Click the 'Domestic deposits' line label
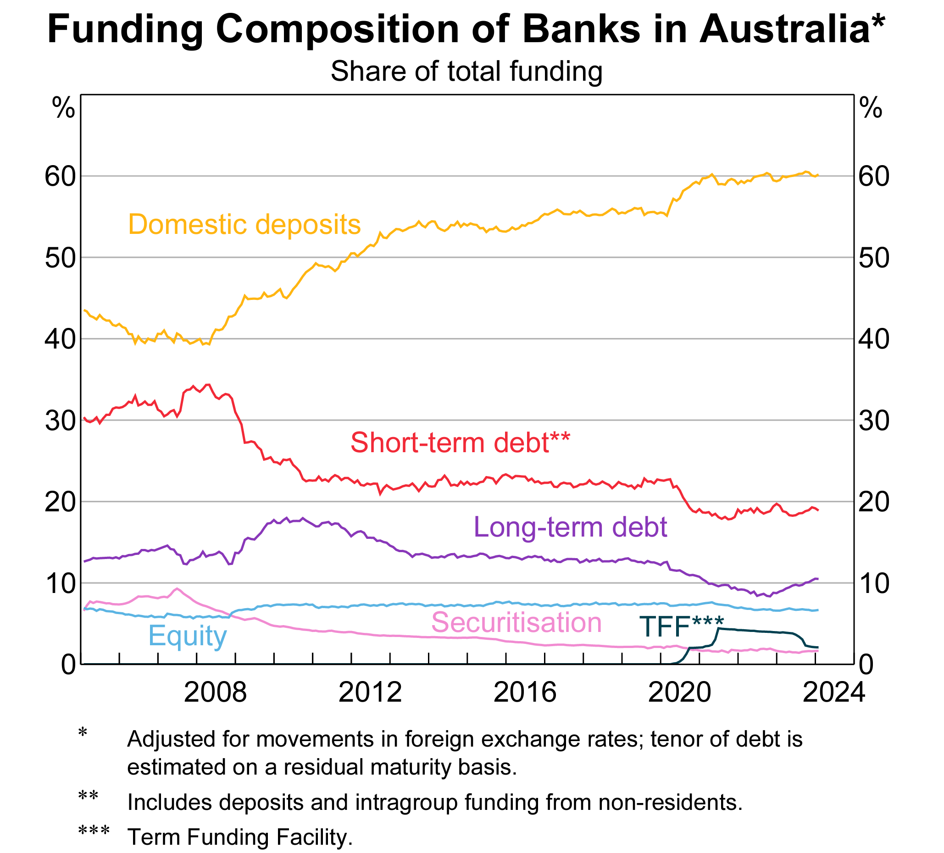click(244, 224)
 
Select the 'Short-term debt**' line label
click(460, 443)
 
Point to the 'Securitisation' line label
click(516, 622)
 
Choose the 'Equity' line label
click(187, 635)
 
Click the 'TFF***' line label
click(681, 626)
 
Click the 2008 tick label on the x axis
click(215, 692)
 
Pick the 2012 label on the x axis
click(370, 692)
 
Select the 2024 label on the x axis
click(834, 692)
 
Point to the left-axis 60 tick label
click(60, 177)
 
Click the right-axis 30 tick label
click(874, 421)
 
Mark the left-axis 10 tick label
click(60, 583)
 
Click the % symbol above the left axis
click(63, 109)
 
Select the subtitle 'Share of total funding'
click(466, 71)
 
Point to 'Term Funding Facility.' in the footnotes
click(240, 836)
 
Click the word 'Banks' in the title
click(581, 29)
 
